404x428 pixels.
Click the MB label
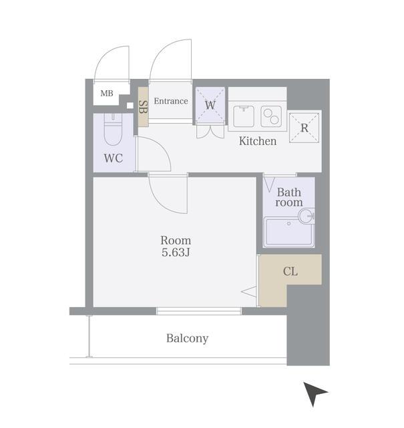coord(107,94)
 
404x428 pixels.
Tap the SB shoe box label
coord(143,107)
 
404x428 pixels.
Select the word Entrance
coord(171,101)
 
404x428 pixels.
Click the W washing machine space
coord(210,104)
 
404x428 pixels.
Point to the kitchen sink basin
coord(244,116)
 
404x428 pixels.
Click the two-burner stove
coord(271,116)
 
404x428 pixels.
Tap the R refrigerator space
coord(304,128)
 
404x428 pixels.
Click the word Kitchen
coord(258,141)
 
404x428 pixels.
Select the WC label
coord(114,158)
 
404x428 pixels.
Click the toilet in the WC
coord(113,129)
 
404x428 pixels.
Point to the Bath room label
coord(289,197)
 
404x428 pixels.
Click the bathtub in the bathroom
coord(289,232)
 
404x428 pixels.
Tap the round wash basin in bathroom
coord(306,216)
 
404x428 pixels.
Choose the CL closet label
coord(290,272)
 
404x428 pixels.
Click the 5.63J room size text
coord(176,253)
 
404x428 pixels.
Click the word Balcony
coord(187,338)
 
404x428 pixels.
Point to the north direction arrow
coord(315,393)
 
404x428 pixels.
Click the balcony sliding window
coord(199,311)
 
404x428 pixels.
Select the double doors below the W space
coord(210,131)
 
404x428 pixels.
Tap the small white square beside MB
coord(130,106)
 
